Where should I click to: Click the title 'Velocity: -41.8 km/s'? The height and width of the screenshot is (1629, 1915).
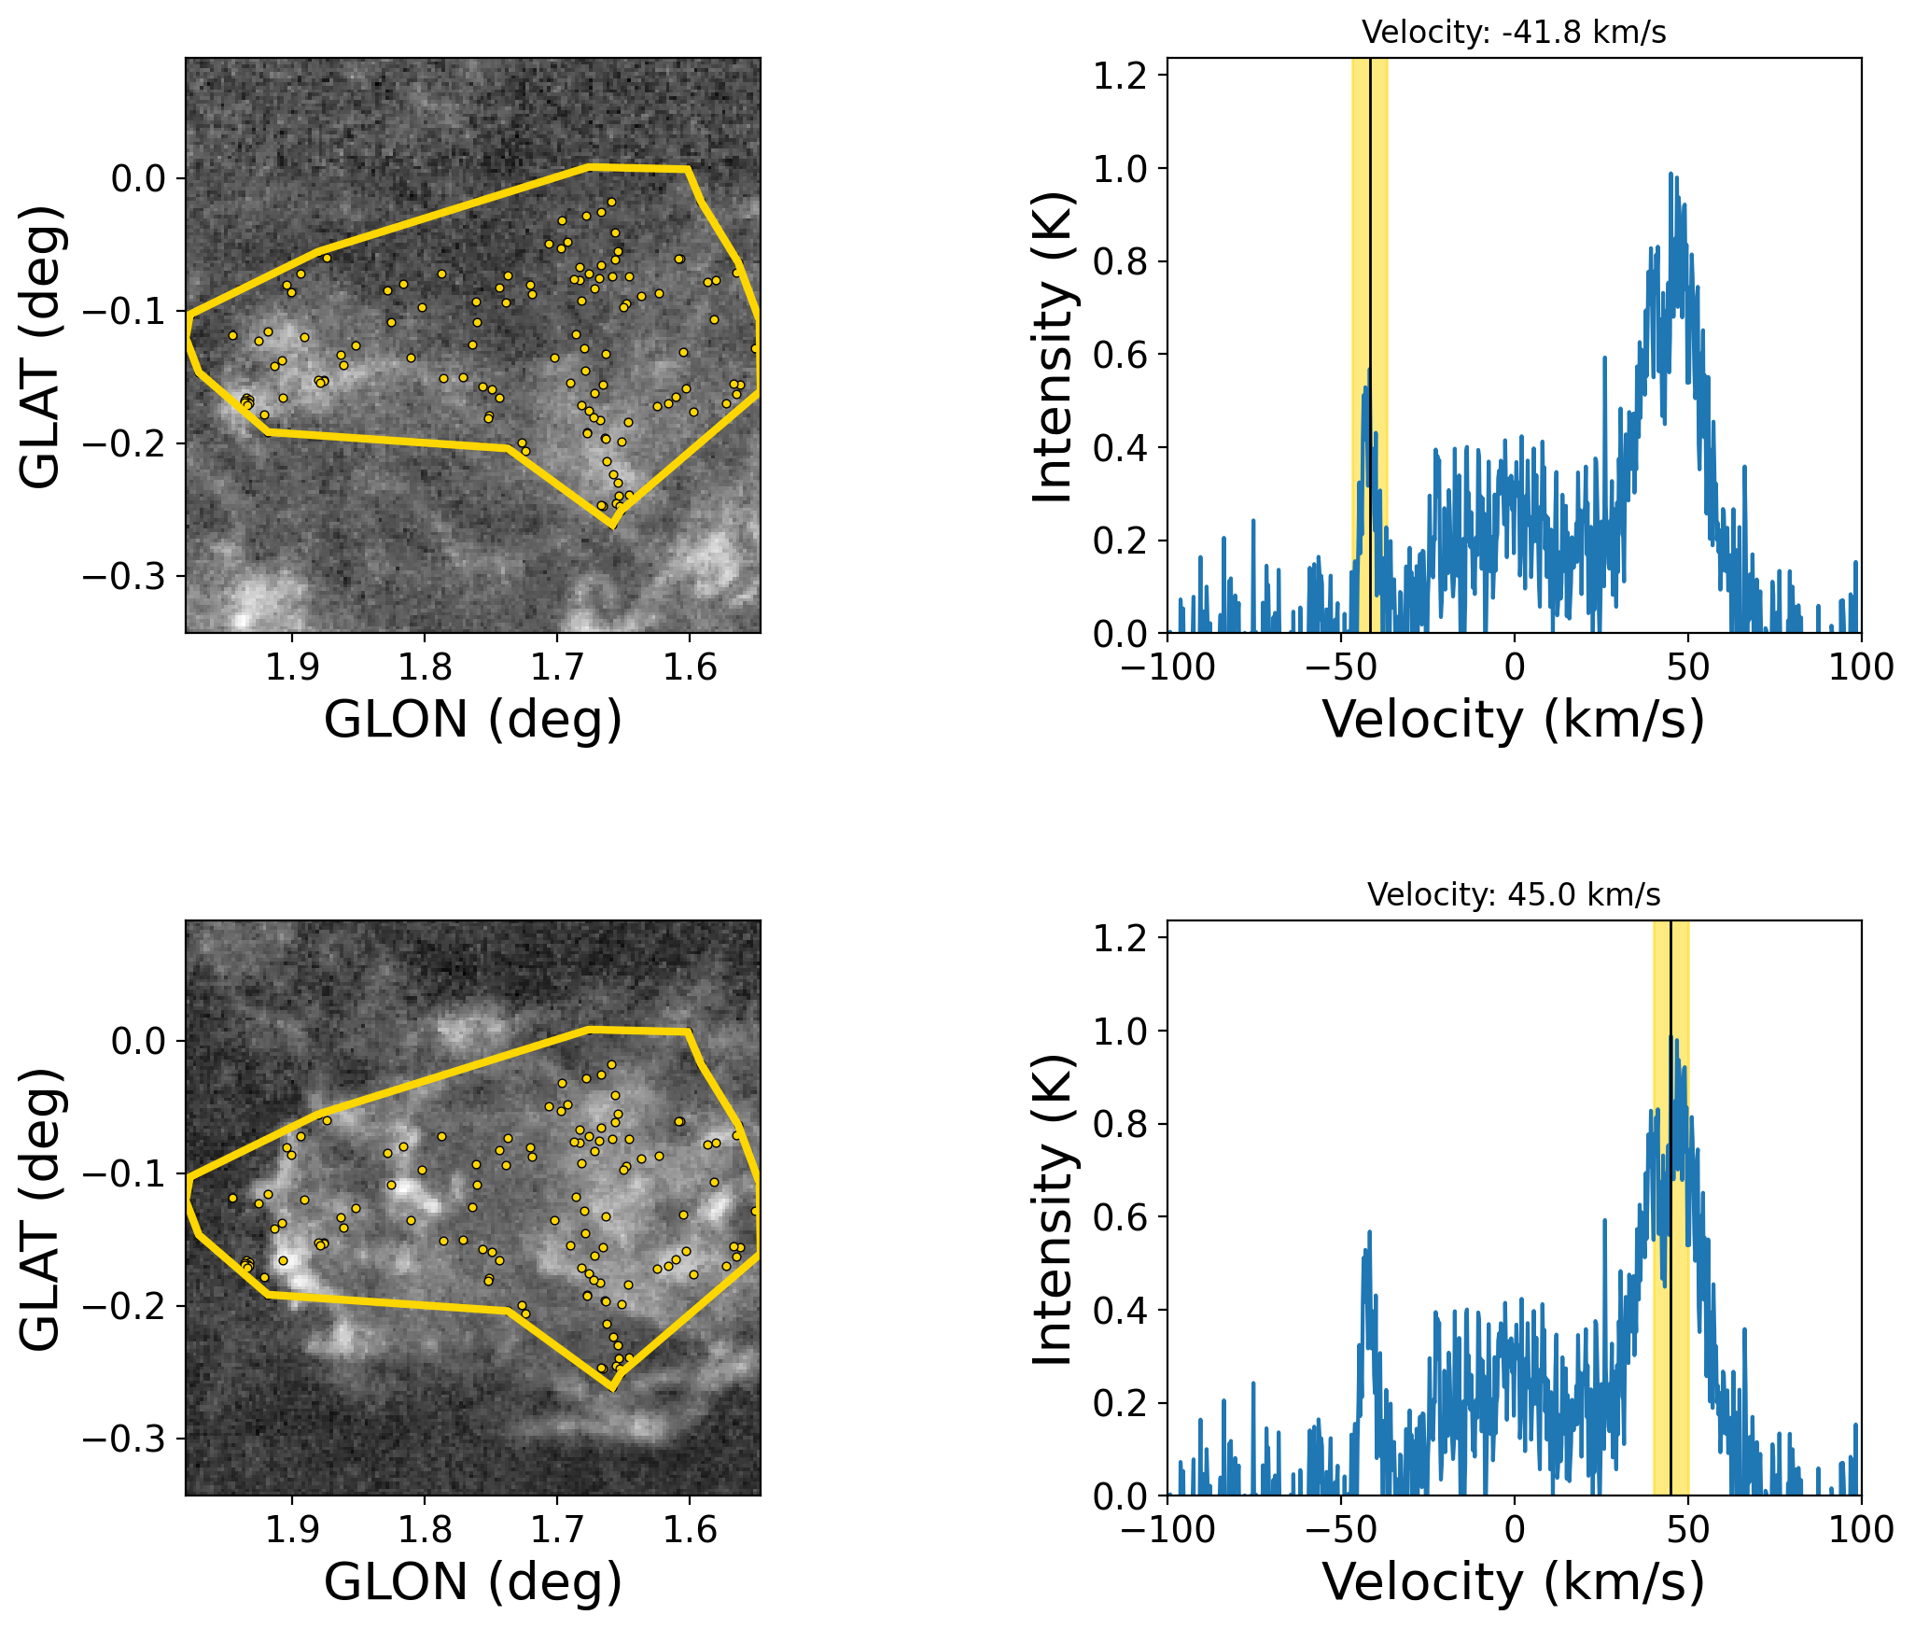[x=1514, y=33]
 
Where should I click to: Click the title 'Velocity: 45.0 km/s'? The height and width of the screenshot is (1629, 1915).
[x=1514, y=895]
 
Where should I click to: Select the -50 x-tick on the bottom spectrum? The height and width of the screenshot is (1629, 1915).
[x=1341, y=1530]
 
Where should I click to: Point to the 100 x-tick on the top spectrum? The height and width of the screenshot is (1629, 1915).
[x=1861, y=667]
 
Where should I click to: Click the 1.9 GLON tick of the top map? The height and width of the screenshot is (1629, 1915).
[x=292, y=667]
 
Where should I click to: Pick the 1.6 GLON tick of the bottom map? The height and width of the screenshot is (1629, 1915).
[x=690, y=1530]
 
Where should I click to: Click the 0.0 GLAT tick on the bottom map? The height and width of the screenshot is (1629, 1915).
[x=139, y=1041]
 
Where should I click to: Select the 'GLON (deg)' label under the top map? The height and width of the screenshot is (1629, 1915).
[x=473, y=720]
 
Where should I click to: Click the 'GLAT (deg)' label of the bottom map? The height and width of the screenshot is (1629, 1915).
[x=40, y=1208]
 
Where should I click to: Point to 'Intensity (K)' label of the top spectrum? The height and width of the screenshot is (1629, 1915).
[x=1054, y=346]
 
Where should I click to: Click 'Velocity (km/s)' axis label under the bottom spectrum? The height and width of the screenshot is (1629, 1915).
[x=1514, y=1582]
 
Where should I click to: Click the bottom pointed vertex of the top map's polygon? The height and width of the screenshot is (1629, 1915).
[x=612, y=526]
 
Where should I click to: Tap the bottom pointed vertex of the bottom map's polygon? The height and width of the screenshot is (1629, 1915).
[x=612, y=1388]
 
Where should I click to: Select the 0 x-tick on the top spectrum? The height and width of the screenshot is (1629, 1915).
[x=1515, y=667]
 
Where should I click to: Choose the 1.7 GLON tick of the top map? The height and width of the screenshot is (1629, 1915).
[x=557, y=667]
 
